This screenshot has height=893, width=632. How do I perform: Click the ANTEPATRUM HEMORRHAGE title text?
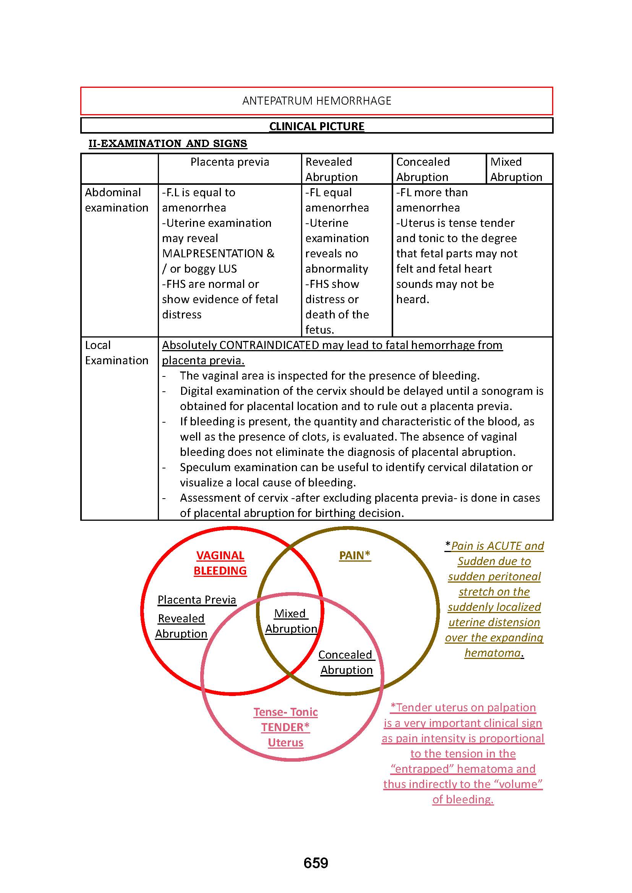pyautogui.click(x=316, y=101)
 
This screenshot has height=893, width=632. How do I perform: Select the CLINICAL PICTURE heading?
pyautogui.click(x=316, y=126)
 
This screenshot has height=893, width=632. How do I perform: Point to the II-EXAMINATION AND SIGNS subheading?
pyautogui.click(x=168, y=144)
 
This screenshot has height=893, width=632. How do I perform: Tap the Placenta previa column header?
pyautogui.click(x=230, y=162)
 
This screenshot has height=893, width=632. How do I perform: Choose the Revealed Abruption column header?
pyautogui.click(x=331, y=169)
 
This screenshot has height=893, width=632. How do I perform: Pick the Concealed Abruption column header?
pyautogui.click(x=423, y=169)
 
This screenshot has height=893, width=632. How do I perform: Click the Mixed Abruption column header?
pyautogui.click(x=515, y=169)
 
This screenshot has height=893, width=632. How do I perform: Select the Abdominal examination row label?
pyautogui.click(x=117, y=200)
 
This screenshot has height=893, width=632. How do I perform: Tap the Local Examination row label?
pyautogui.click(x=117, y=353)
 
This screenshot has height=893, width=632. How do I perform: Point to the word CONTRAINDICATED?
pyautogui.click(x=269, y=345)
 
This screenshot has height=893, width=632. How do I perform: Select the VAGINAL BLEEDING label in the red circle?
pyautogui.click(x=220, y=563)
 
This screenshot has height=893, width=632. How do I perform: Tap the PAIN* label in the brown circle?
pyautogui.click(x=355, y=556)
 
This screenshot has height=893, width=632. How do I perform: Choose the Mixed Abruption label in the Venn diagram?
pyautogui.click(x=291, y=621)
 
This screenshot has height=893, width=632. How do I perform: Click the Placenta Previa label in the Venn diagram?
pyautogui.click(x=197, y=600)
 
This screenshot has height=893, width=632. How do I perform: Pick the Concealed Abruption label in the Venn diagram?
pyautogui.click(x=346, y=662)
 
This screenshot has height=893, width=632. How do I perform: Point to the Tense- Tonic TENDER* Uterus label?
pyautogui.click(x=286, y=727)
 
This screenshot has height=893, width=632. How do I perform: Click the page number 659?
pyautogui.click(x=316, y=863)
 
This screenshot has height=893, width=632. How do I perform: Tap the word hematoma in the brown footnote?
pyautogui.click(x=492, y=652)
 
